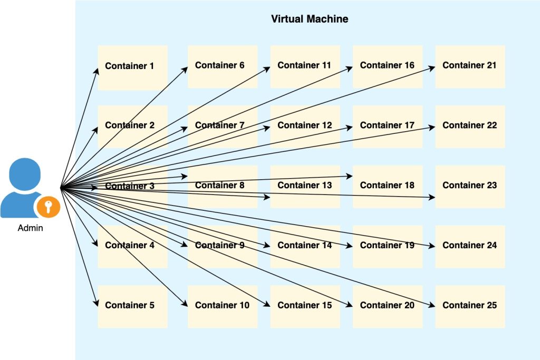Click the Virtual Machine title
[x=310, y=19]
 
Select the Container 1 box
[x=132, y=66]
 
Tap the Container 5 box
[x=132, y=306]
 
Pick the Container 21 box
[x=470, y=66]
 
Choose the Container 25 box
[x=470, y=306]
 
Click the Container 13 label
[x=305, y=185]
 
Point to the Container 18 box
[x=388, y=186]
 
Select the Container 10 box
[x=223, y=306]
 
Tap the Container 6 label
[x=220, y=65]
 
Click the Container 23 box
[x=470, y=186]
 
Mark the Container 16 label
[x=388, y=65]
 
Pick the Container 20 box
[x=388, y=306]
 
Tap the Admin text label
[x=31, y=228]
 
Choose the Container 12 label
[x=305, y=125]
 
